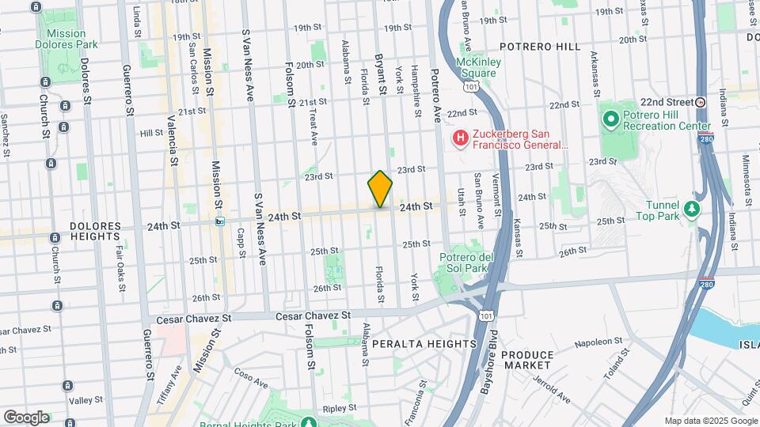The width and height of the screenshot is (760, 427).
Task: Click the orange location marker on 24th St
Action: tap(380, 188)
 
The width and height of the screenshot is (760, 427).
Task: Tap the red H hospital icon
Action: tap(460, 139)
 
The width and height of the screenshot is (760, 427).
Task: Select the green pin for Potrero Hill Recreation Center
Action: tap(610, 120)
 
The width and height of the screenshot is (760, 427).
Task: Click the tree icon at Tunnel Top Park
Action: tap(693, 209)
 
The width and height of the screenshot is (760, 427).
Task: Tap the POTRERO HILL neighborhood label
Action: tap(540, 47)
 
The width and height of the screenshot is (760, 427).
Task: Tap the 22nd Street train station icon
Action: tap(701, 102)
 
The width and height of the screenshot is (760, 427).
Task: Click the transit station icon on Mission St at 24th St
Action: tap(220, 221)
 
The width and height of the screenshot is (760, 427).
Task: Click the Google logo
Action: tap(26, 417)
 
